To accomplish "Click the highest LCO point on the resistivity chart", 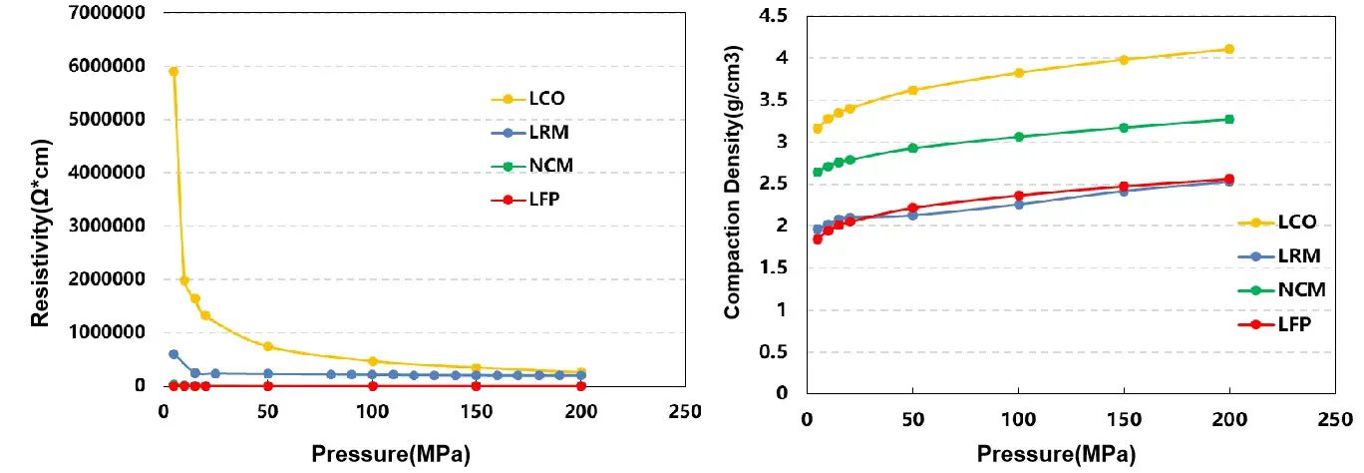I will coord(173,72).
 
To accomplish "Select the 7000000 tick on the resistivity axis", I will coord(106,13).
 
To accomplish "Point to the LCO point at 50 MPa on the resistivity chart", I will coord(268,346).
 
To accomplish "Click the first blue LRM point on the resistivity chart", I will coord(173,354).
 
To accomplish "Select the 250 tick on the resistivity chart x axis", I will coord(684,410).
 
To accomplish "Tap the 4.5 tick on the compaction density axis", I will coord(773,15).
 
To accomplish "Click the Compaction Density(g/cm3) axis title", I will coord(734,208).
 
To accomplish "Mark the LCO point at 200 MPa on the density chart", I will coord(1229,49).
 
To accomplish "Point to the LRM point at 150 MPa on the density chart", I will coord(1124,191).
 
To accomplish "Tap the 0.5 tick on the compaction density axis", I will coord(773,351).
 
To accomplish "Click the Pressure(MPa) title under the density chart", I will coord(1055,454).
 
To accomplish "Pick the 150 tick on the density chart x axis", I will coord(1124,420).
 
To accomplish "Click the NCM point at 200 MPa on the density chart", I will coord(1229,119).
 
